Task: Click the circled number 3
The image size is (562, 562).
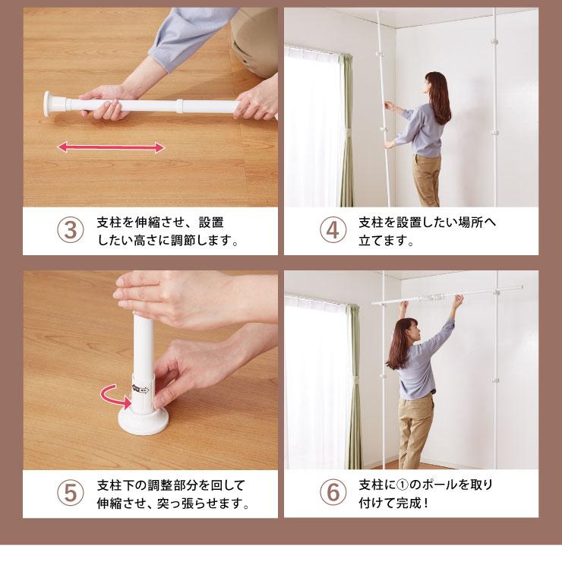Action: pyautogui.click(x=70, y=230)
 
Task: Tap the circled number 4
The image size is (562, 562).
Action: pyautogui.click(x=333, y=230)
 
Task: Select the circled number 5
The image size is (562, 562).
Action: pyautogui.click(x=70, y=493)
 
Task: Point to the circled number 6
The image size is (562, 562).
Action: pyautogui.click(x=333, y=492)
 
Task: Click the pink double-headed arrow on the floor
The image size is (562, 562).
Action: pyautogui.click(x=111, y=147)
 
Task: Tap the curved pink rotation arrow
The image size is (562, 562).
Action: pyautogui.click(x=114, y=396)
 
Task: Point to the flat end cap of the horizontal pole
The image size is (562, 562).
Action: pyautogui.click(x=48, y=104)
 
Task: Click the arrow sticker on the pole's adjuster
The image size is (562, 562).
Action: pyautogui.click(x=140, y=389)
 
